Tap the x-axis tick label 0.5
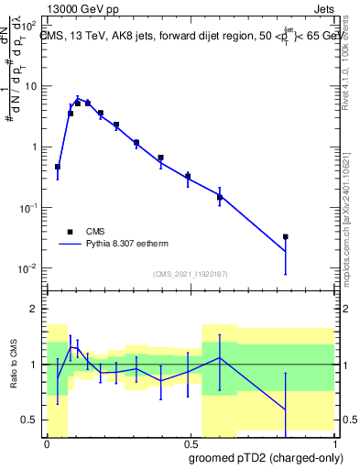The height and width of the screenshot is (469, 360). [x=191, y=442]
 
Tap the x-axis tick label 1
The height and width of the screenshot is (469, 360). [x=334, y=442]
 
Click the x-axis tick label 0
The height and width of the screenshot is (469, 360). [x=47, y=442]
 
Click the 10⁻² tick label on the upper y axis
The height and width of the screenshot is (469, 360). [x=27, y=268]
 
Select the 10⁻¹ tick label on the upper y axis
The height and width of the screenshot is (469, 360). [x=27, y=208]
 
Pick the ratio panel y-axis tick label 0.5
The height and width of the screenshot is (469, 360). [x=30, y=420]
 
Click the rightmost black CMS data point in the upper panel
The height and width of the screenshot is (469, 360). [x=286, y=236]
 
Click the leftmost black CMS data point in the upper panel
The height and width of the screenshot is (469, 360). [x=58, y=167]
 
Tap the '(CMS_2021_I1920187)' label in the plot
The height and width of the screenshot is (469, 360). [x=190, y=274]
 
